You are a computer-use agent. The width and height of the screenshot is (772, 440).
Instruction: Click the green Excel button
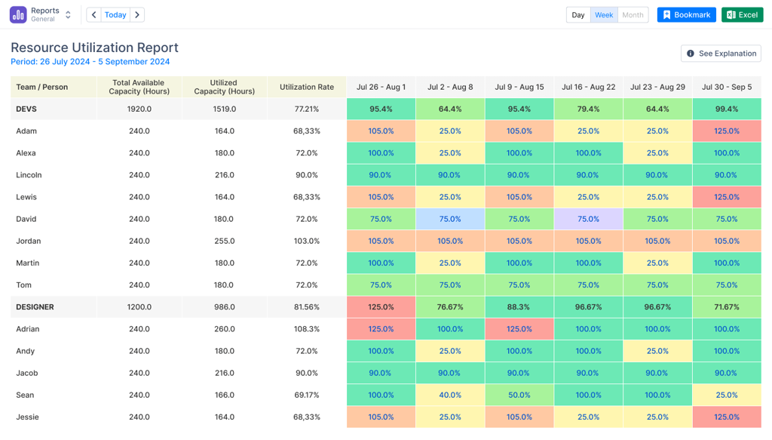(742, 15)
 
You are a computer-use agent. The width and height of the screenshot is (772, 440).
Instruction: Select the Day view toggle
(578, 15)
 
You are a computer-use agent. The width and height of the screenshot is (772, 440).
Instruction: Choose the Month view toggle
(633, 15)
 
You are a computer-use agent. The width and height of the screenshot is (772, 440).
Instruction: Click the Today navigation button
(115, 15)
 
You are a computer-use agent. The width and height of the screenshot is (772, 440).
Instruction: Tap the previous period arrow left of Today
(94, 15)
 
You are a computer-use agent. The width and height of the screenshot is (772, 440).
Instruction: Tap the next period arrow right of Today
(137, 15)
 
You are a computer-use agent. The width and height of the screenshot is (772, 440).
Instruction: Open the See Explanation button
(721, 54)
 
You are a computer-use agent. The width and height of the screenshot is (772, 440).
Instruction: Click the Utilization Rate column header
(307, 88)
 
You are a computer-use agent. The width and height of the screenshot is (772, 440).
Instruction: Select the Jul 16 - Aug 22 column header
(588, 88)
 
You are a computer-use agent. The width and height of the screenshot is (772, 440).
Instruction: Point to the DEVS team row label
(26, 109)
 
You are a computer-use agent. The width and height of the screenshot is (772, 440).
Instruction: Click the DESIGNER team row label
(35, 307)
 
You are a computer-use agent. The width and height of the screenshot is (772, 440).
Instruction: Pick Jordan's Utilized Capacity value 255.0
(224, 241)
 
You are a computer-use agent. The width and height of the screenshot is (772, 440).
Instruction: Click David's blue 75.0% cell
(450, 219)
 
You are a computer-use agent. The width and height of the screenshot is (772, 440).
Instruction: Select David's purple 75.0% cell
(588, 219)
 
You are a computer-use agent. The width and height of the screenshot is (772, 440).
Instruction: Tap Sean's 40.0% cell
(450, 395)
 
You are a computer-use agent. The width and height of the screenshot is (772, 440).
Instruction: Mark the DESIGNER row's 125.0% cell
(381, 307)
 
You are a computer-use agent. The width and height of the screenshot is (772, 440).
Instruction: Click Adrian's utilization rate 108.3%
(307, 329)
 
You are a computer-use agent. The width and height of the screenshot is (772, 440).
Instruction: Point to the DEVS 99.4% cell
(727, 109)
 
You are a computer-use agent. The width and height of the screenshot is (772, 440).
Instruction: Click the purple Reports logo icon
(18, 15)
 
